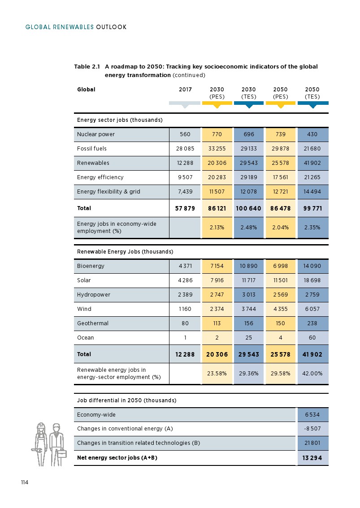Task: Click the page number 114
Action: click(x=24, y=482)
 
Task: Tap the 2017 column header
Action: click(x=185, y=90)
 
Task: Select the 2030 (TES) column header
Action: click(x=248, y=93)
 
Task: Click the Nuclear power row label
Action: click(x=96, y=134)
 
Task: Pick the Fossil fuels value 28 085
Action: click(x=185, y=149)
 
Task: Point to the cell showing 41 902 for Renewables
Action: click(x=312, y=163)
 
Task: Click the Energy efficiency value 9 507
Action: click(x=185, y=177)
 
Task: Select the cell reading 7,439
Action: click(x=185, y=192)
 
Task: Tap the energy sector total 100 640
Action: click(x=248, y=208)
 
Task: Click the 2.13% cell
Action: click(x=217, y=228)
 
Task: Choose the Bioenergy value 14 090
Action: click(x=312, y=266)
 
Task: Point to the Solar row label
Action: click(x=84, y=280)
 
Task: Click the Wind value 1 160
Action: click(x=185, y=309)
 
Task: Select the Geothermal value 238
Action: click(x=312, y=323)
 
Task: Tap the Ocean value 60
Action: click(x=312, y=338)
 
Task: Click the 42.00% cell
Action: click(x=312, y=374)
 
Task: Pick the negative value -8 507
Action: click(x=312, y=429)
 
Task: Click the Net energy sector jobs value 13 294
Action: click(x=312, y=458)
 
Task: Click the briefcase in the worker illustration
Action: click(x=61, y=453)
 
